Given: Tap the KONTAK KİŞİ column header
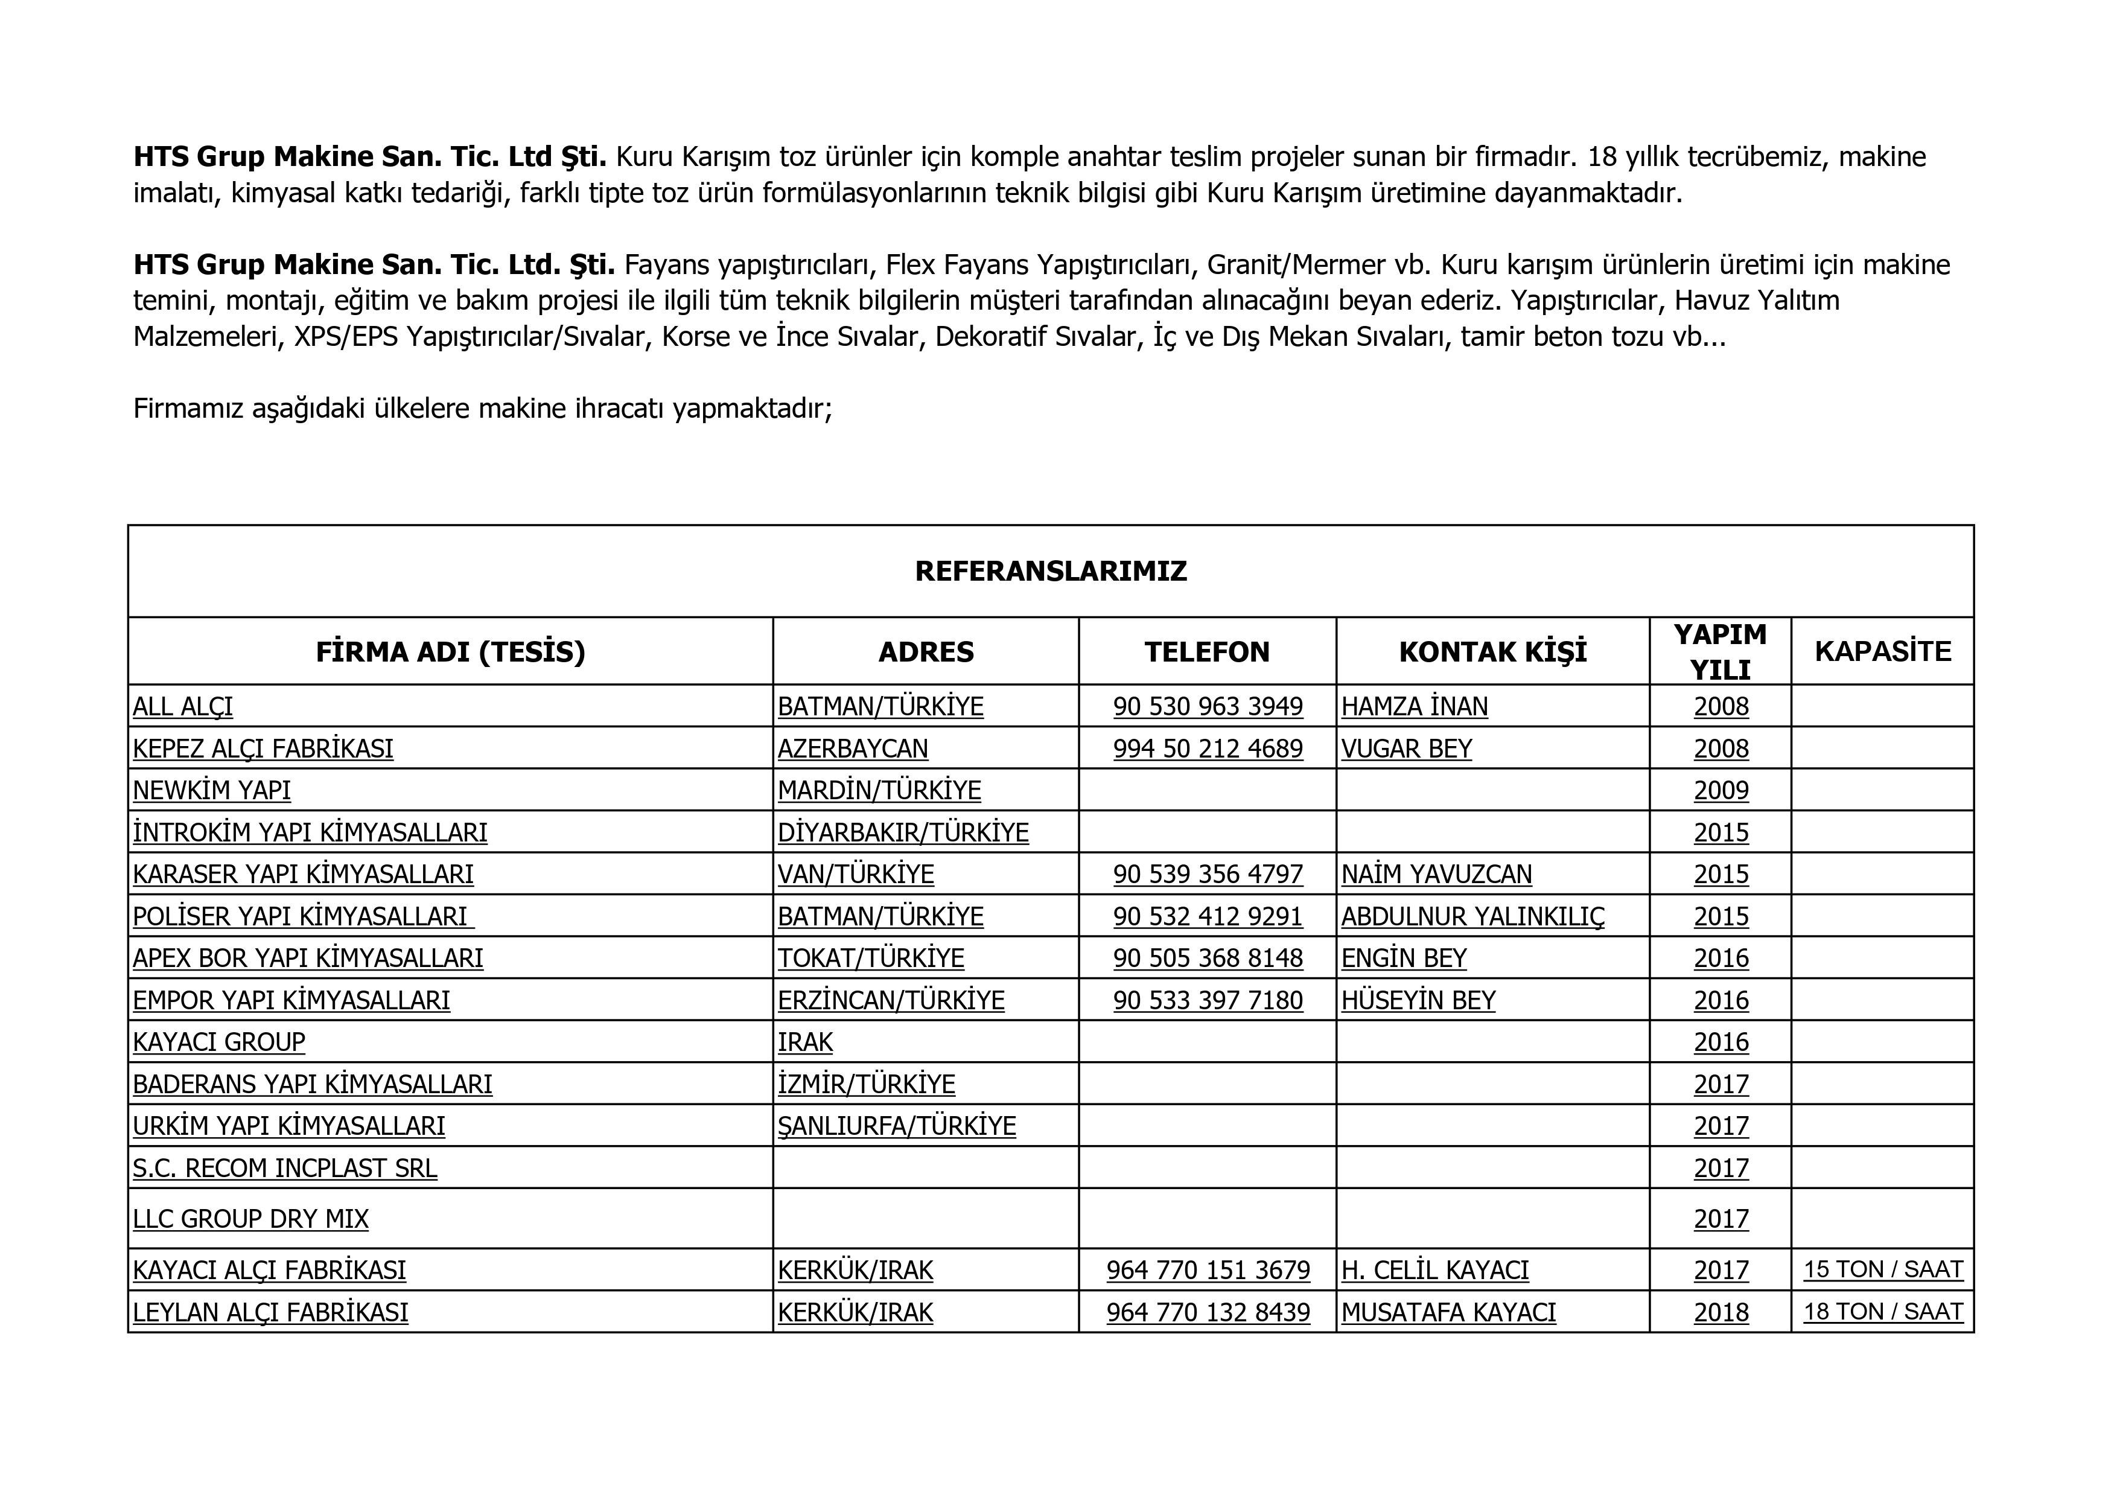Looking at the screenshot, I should (x=1493, y=652).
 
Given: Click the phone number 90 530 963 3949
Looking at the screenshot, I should (x=1208, y=706).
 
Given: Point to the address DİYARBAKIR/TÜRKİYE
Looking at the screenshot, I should (x=903, y=833).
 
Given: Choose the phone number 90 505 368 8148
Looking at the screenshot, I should (x=1208, y=959).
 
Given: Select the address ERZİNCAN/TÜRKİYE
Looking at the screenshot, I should (x=891, y=1001).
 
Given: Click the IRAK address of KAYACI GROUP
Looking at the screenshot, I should (x=805, y=1042).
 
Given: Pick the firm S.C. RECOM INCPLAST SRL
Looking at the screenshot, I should (x=285, y=1169).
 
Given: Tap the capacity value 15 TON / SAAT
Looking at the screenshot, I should (x=1883, y=1270).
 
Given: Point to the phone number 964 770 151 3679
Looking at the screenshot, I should (x=1208, y=1271).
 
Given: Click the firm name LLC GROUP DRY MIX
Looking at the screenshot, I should (x=251, y=1219).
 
